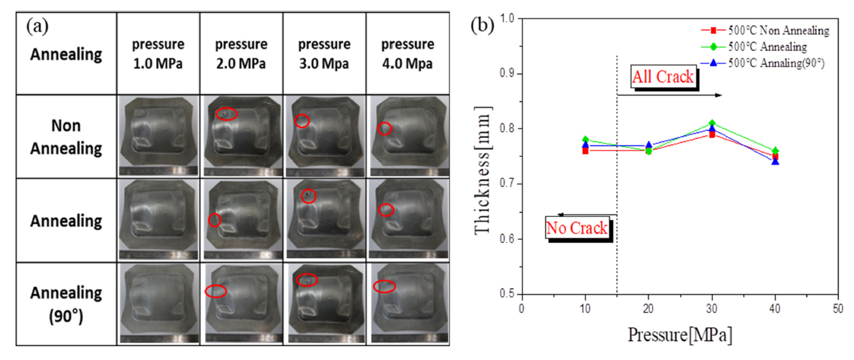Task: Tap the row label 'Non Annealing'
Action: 66,136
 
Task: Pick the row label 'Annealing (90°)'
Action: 66,303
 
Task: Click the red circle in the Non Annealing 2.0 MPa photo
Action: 226,114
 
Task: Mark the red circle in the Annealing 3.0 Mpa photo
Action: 308,196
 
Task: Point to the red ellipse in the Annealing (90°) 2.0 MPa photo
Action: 216,291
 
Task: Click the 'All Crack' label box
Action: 662,77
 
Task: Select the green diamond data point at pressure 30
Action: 712,123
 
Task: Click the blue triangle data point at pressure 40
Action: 776,161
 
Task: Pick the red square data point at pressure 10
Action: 585,150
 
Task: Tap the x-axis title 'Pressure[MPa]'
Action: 680,335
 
